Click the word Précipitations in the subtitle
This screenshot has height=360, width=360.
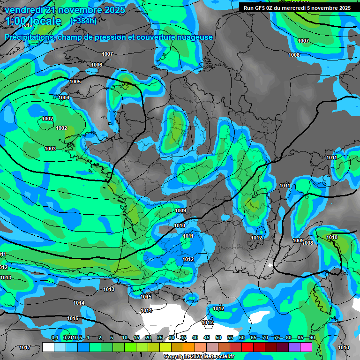coord(28,37)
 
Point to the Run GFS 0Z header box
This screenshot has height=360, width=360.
coord(297,7)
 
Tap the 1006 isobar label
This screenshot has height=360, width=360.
coord(97,65)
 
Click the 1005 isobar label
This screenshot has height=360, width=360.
coord(75,82)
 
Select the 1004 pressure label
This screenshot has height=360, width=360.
coord(64,97)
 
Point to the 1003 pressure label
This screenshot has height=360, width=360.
coord(50,149)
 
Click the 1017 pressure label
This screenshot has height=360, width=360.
coord(25,347)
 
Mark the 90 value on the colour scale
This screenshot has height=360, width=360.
coord(312,338)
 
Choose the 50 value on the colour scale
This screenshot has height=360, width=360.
coord(218,338)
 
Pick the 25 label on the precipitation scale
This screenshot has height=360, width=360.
coord(160,338)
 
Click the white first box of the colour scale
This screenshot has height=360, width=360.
coord(48,347)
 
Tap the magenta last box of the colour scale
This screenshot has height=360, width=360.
coord(306,347)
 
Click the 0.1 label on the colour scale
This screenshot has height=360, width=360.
coord(55,338)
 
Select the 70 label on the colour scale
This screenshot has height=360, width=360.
coord(265,338)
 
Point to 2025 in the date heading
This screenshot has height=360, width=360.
coord(112,9)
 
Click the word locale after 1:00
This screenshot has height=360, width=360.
coord(45,21)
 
